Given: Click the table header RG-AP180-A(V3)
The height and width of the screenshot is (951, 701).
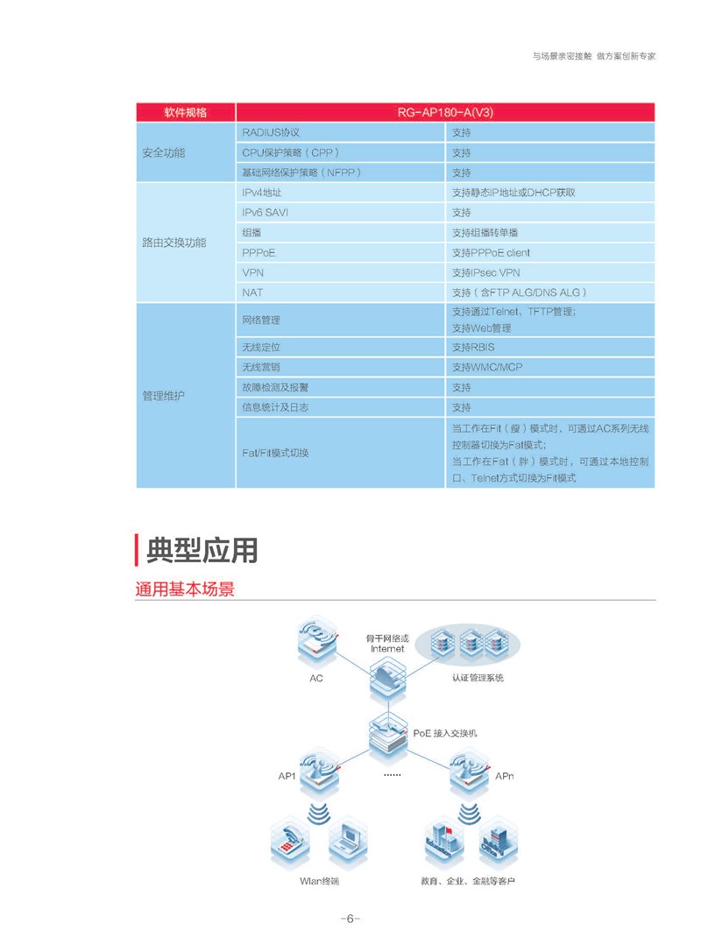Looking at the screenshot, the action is (x=445, y=112).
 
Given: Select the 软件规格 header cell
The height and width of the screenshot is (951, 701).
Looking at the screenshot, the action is (x=186, y=112).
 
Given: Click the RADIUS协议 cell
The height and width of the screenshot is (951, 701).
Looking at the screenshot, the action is (x=340, y=132).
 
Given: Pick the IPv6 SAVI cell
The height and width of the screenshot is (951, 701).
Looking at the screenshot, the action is (x=340, y=212).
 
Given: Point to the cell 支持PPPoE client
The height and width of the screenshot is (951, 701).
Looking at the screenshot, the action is (x=550, y=252).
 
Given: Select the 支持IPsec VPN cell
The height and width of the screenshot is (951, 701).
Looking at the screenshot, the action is (x=550, y=272).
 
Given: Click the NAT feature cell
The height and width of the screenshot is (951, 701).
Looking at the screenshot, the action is (x=340, y=292).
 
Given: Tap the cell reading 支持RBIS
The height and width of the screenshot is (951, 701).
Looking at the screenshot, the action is (x=550, y=347).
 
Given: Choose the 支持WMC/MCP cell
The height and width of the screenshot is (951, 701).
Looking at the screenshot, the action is (x=550, y=367).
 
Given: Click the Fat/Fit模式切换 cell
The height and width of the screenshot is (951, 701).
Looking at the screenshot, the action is (x=340, y=453).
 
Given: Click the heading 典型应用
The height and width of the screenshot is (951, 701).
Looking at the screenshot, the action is (x=202, y=550).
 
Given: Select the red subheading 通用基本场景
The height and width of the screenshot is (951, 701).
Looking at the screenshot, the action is (x=185, y=589).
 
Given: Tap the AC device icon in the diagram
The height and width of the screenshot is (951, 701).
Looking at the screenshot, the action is (x=317, y=642).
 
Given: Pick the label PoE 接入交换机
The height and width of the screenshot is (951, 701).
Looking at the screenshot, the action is (x=445, y=733).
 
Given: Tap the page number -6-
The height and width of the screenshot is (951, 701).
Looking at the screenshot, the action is (x=350, y=919).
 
